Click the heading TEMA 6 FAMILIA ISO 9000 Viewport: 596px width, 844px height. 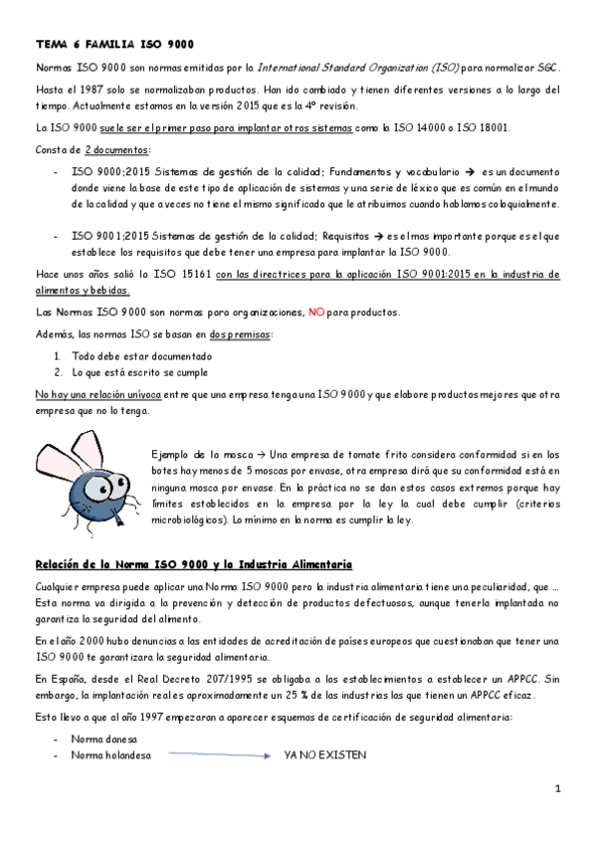(x=114, y=44)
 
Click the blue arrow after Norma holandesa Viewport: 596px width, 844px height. (x=220, y=755)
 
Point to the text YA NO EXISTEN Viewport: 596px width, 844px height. (x=325, y=755)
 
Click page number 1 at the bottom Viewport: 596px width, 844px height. (x=559, y=788)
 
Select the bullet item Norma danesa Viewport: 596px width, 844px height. (x=104, y=739)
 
